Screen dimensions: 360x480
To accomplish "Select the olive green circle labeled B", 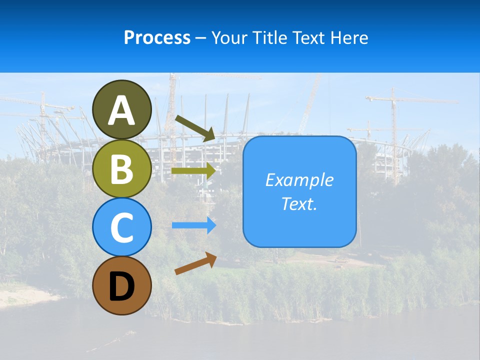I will pyautogui.click(x=122, y=169).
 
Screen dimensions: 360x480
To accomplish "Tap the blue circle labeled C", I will pyautogui.click(x=122, y=227).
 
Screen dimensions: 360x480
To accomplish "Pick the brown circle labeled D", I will pyautogui.click(x=122, y=286).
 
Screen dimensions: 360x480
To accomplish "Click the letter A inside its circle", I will pyautogui.click(x=122, y=110).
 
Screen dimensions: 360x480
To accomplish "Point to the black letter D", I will pyautogui.click(x=122, y=286).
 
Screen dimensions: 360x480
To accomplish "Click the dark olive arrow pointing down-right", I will pyautogui.click(x=195, y=128).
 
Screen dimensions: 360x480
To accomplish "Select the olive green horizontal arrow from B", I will pyautogui.click(x=193, y=170).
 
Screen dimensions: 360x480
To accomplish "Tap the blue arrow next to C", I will pyautogui.click(x=193, y=225).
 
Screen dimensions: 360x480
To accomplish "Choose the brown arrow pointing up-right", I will pyautogui.click(x=195, y=263).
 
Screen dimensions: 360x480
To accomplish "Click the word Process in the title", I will pyautogui.click(x=157, y=37).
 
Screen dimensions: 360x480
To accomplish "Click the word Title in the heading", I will pyautogui.click(x=269, y=37).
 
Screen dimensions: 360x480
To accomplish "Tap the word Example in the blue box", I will pyautogui.click(x=299, y=180).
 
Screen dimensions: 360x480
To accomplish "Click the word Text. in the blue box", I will pyautogui.click(x=299, y=203).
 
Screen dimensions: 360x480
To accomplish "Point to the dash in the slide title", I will pyautogui.click(x=200, y=38).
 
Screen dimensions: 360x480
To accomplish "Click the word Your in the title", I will pyautogui.click(x=230, y=37).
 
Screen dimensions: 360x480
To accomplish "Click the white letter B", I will pyautogui.click(x=122, y=169).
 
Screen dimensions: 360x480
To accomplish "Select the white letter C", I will pyautogui.click(x=122, y=228).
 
